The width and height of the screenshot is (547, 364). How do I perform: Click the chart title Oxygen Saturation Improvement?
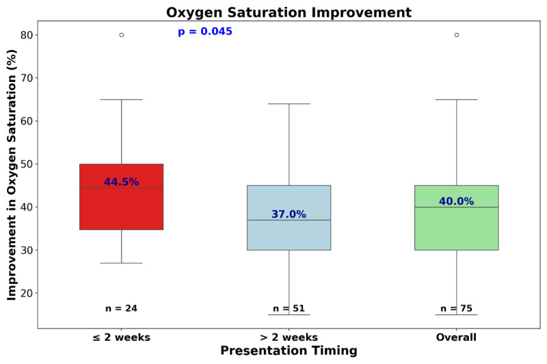tap(289, 12)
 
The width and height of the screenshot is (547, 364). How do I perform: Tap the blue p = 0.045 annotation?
tap(204, 31)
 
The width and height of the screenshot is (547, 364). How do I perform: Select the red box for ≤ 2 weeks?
tap(122, 197)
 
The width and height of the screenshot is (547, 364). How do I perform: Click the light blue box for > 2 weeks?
tap(289, 218)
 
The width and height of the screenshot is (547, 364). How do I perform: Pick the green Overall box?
tap(456, 218)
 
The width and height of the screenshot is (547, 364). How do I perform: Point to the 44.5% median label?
tap(122, 182)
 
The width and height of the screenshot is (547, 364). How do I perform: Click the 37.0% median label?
tap(289, 214)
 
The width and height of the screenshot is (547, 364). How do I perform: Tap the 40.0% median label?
tap(456, 201)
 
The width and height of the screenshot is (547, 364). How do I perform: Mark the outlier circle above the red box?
tap(122, 35)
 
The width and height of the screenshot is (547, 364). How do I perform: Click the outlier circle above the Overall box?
tap(456, 35)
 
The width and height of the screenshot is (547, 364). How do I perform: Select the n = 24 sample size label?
tap(122, 308)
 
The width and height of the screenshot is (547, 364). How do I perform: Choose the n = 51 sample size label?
tap(289, 308)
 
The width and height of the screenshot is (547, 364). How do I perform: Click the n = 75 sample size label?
tap(456, 308)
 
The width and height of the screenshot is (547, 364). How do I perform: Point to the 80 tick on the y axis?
tap(27, 35)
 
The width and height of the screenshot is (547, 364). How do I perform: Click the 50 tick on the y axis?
tap(27, 164)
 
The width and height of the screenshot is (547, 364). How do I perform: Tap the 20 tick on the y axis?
tap(27, 293)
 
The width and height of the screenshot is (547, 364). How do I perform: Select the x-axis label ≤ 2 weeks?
tap(122, 337)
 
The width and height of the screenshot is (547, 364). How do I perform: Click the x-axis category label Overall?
tap(456, 337)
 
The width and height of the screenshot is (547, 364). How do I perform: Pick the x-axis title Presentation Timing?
tap(289, 350)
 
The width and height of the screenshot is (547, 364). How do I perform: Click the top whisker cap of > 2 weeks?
tap(289, 104)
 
